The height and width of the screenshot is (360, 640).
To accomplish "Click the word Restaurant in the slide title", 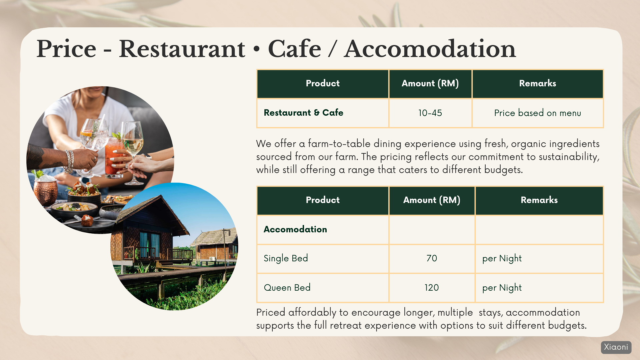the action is tap(182, 49).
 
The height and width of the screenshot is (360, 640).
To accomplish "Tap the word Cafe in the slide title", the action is tap(294, 49).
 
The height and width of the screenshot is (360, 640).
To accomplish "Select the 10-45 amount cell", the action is tap(430, 113).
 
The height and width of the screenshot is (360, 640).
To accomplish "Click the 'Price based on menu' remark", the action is tap(537, 113).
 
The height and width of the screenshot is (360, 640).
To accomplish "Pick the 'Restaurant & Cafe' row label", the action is tap(303, 113).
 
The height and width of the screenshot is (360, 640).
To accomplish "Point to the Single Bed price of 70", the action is tap(432, 258).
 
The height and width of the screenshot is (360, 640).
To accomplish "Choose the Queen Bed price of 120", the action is tap(432, 288).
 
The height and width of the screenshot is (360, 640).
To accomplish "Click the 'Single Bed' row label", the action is tap(286, 258).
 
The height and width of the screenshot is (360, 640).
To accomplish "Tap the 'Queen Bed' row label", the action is tap(287, 288).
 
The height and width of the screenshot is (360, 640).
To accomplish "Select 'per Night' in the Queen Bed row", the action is tap(502, 288).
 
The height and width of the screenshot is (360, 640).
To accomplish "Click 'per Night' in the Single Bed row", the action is tap(502, 258).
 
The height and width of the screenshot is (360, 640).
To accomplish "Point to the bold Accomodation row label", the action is tap(295, 229).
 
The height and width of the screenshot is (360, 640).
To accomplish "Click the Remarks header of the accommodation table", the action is tap(539, 200).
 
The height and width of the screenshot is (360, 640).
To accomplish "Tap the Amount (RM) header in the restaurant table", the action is tap(430, 83).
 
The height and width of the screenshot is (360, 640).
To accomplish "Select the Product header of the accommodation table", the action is tap(323, 200).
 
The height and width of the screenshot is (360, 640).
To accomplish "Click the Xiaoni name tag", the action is tap(616, 347).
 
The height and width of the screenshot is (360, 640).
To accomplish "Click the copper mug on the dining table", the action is tap(46, 191).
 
